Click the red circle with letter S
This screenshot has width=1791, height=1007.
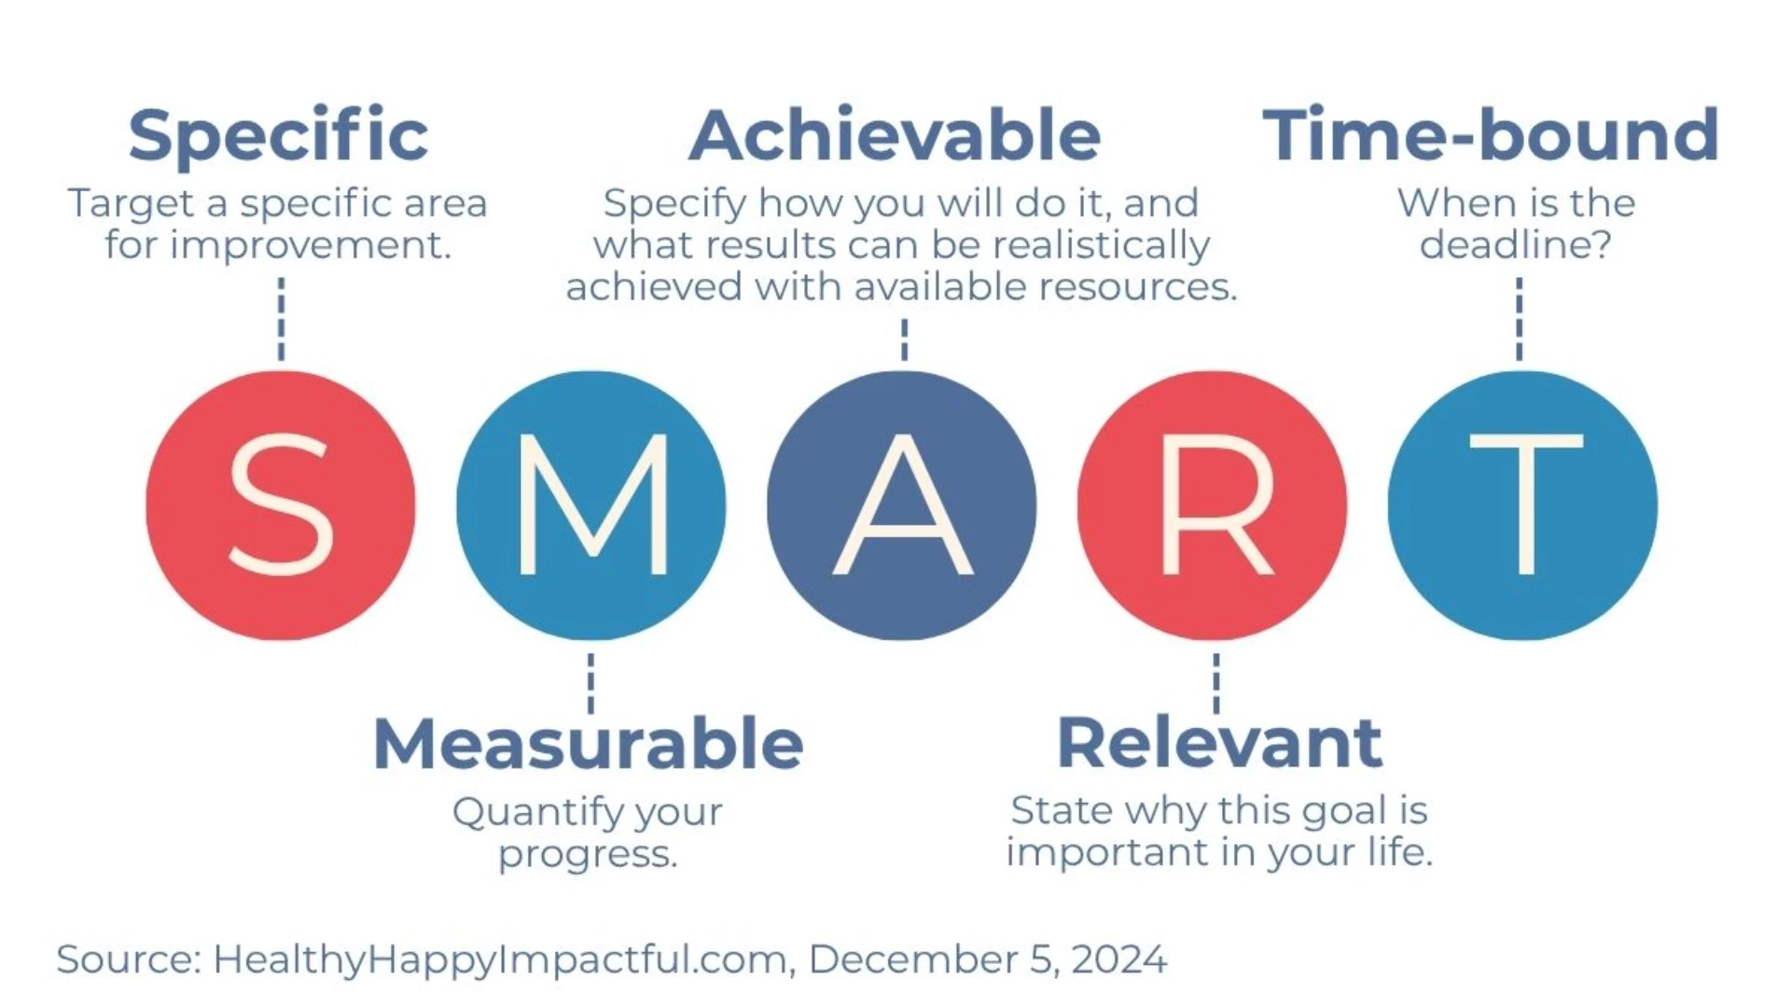click(x=281, y=505)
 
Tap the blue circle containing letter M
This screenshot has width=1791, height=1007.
click(x=591, y=505)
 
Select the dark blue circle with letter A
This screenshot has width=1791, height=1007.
click(x=902, y=505)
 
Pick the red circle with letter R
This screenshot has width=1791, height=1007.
click(x=1213, y=505)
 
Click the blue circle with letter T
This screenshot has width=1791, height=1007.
click(x=1522, y=505)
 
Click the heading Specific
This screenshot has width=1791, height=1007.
click(x=278, y=136)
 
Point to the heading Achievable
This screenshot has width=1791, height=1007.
click(x=895, y=136)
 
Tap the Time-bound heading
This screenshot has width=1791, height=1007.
click(x=1491, y=136)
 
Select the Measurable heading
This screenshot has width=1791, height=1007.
click(x=588, y=744)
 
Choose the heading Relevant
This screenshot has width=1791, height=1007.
click(x=1219, y=743)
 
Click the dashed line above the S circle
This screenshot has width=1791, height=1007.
click(x=281, y=318)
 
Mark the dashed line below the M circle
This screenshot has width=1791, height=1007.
click(x=590, y=683)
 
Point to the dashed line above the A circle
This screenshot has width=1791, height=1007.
click(x=904, y=339)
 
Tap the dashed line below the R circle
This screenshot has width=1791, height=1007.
click(x=1215, y=683)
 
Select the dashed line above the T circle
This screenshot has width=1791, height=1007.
click(x=1519, y=318)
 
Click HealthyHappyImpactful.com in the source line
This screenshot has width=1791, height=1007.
click(x=500, y=959)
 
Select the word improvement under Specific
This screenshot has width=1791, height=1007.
click(x=310, y=246)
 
